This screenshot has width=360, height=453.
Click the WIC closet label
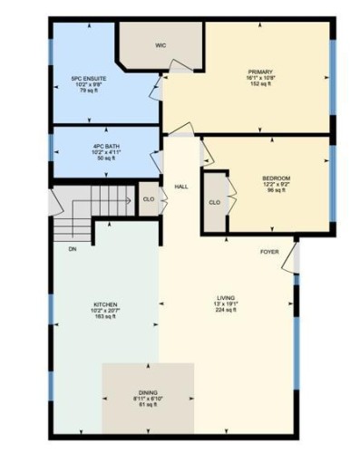click(161, 43)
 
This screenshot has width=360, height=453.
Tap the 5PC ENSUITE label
click(89, 79)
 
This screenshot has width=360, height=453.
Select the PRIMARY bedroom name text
click(261, 71)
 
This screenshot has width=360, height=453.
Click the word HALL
click(181, 187)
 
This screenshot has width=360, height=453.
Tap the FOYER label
click(269, 251)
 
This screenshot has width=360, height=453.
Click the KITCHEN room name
click(105, 304)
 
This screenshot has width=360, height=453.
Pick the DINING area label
click(148, 391)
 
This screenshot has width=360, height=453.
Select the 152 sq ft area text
click(261, 84)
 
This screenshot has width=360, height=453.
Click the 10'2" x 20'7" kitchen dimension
click(105, 311)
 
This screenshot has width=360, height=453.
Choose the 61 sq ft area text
click(148, 405)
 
